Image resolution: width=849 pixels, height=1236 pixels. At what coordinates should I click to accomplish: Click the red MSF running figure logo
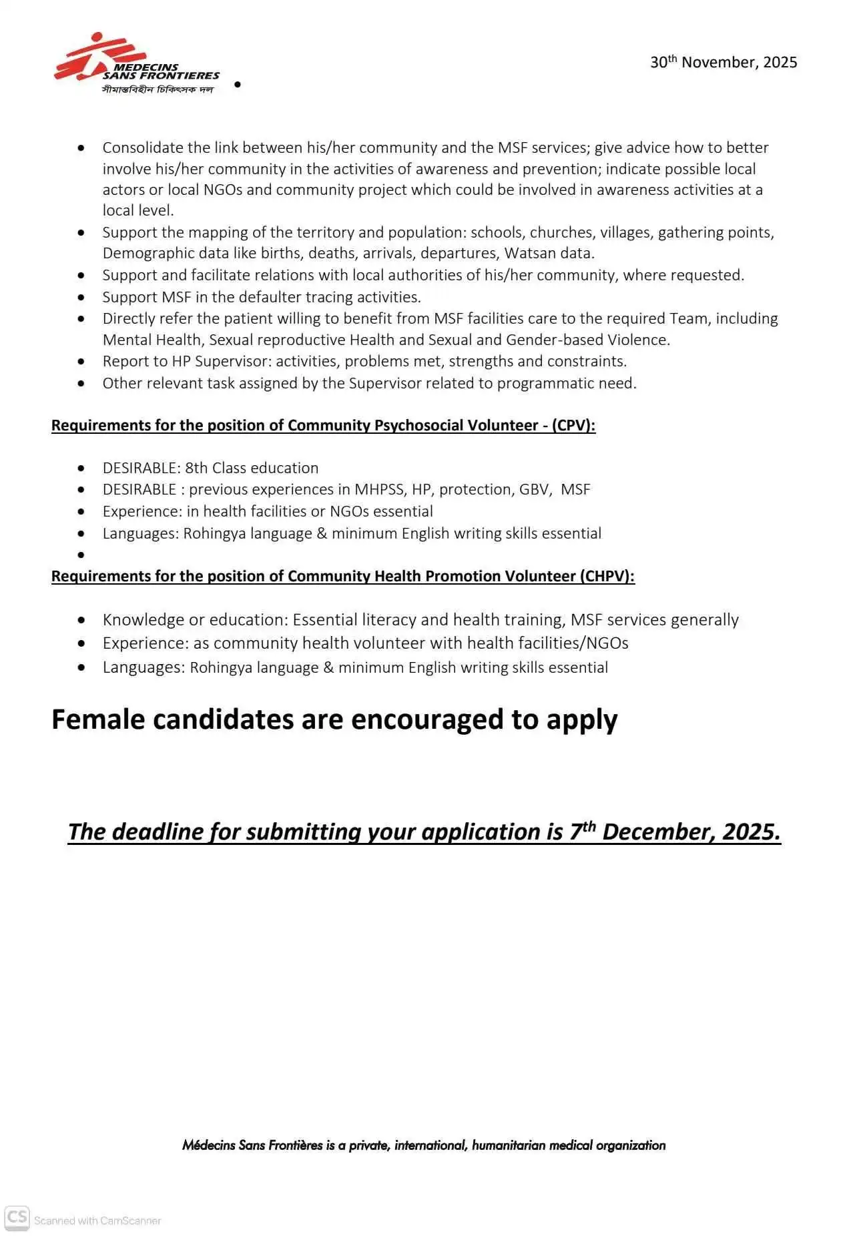(93, 57)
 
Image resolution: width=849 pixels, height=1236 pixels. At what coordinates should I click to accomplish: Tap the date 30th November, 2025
(724, 62)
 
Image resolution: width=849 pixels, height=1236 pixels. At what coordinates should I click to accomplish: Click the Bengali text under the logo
(158, 89)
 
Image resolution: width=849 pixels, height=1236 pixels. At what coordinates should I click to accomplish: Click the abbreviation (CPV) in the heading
(573, 426)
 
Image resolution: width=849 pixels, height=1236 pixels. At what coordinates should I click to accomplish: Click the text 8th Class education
(252, 468)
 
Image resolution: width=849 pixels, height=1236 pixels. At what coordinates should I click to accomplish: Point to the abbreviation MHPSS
(379, 489)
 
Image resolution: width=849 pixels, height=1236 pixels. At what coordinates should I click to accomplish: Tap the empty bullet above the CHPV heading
(81, 555)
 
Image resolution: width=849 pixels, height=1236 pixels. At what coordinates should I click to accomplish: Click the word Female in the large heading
(97, 719)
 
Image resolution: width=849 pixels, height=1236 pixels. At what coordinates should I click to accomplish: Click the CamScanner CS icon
(17, 1217)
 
